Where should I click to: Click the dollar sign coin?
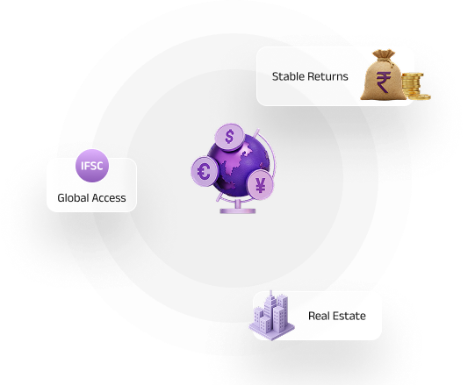[x=229, y=137]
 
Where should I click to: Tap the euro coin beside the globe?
[x=205, y=171]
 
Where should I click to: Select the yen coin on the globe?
[x=261, y=185]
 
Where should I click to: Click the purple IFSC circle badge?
[x=92, y=166]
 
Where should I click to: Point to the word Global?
[x=73, y=198]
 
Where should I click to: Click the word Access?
[x=109, y=198]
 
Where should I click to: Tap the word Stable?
[x=288, y=76]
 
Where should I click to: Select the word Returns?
[x=327, y=76]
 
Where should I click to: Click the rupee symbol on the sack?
[x=384, y=82]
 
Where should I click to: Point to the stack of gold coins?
[x=412, y=84]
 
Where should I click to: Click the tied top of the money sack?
[x=384, y=55]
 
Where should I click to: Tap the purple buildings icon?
[x=271, y=316]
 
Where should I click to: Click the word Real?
[x=318, y=316]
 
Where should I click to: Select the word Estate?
[x=348, y=316]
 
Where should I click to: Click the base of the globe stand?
[x=237, y=210]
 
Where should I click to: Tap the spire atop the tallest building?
[x=271, y=294]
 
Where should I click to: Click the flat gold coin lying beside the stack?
[x=420, y=96]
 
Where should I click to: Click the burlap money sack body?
[x=384, y=80]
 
